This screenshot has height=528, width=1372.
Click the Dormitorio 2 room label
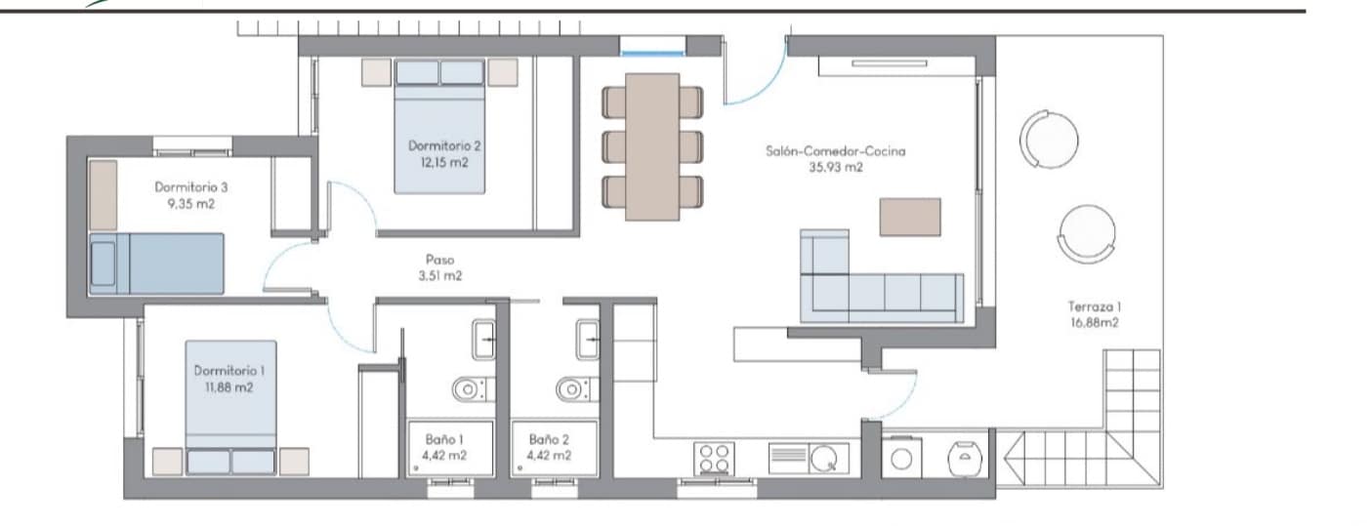(444, 145)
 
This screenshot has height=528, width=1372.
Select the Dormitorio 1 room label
(229, 371)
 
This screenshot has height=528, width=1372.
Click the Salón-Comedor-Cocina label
(835, 151)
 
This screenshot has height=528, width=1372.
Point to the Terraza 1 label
(1092, 305)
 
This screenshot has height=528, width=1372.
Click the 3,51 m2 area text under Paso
(439, 276)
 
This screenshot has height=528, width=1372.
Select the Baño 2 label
(549, 439)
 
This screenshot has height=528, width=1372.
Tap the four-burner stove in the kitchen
(713, 458)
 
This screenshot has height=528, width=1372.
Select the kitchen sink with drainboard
(809, 458)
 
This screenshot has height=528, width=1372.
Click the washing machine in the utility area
(901, 458)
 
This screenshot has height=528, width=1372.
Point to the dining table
(651, 146)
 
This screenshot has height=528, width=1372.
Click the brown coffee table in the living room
(910, 217)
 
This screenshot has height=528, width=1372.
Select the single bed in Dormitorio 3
(156, 264)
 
